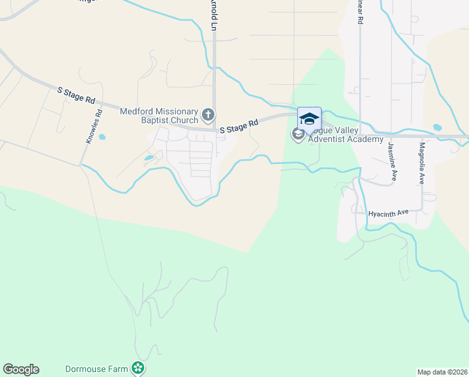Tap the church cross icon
coord(208,116)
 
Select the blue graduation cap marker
coord(309,118)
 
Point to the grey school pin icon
coord(298,134)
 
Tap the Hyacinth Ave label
coord(388,213)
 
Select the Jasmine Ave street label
coord(393,161)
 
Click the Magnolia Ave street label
coord(422,162)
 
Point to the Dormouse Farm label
coord(97,369)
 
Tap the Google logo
coord(21,369)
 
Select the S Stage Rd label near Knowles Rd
coord(76,96)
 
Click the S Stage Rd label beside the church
coord(239,127)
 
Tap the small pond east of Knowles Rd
coord(102,136)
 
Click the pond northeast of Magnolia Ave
coord(437,128)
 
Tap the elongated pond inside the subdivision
coord(149,158)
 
